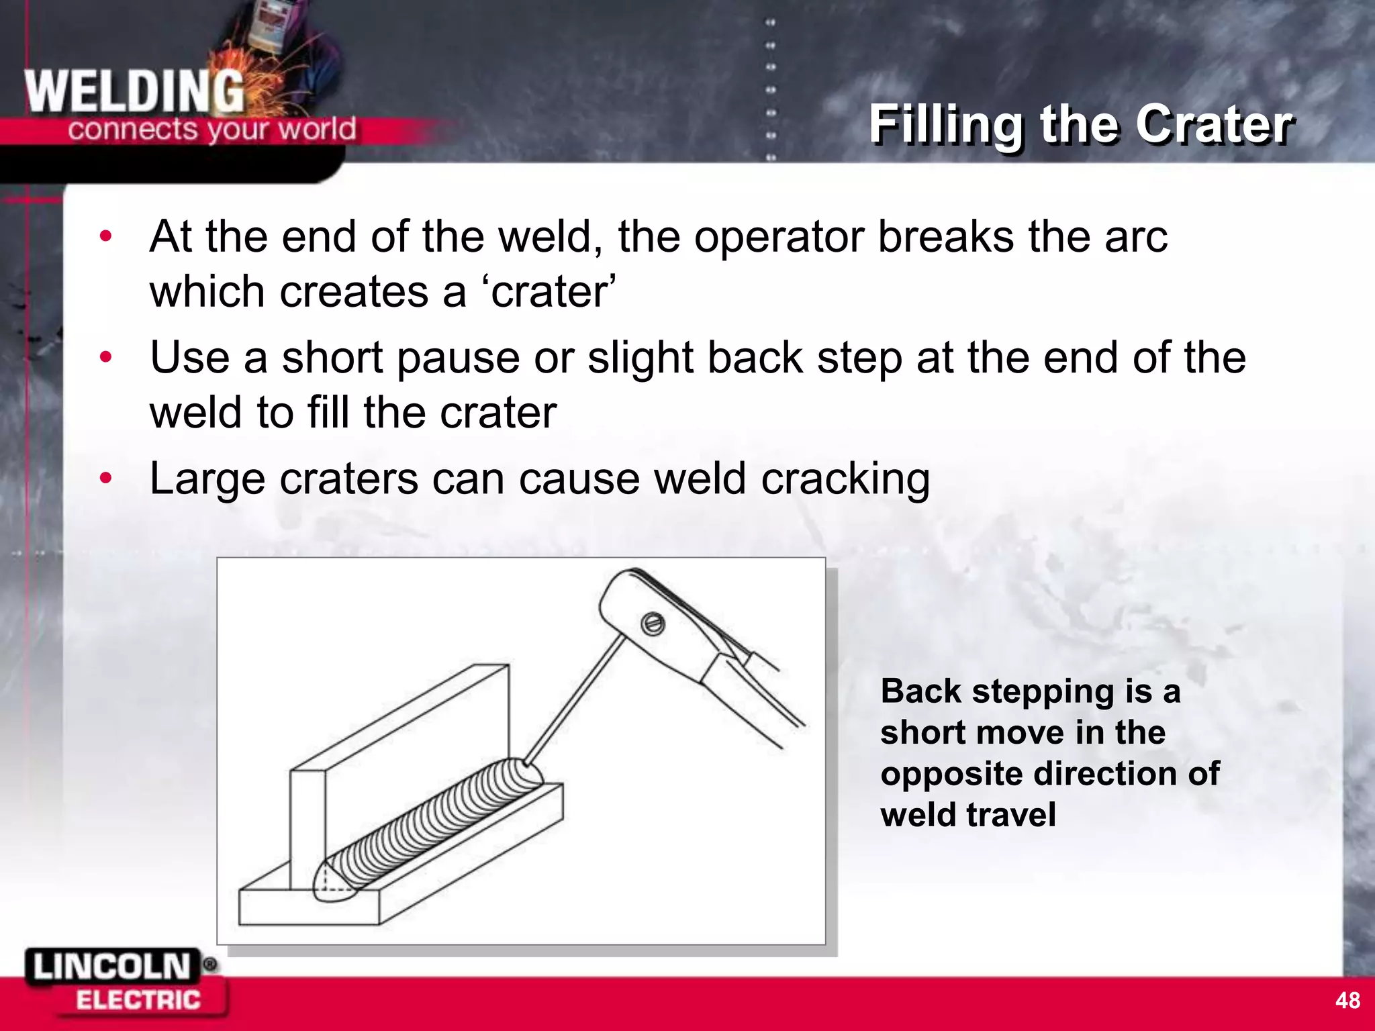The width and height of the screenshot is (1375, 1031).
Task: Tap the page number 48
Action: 1347,1000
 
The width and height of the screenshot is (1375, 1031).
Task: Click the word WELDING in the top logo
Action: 134,92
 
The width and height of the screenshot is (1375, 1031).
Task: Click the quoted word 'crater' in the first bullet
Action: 551,292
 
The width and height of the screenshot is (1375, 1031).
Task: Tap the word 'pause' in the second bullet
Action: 458,358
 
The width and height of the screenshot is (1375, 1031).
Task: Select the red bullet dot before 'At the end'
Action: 105,236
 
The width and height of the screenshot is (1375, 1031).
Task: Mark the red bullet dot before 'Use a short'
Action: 105,357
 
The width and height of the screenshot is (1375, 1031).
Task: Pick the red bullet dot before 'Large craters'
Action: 105,478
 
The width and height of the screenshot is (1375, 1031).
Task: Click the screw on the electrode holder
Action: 653,624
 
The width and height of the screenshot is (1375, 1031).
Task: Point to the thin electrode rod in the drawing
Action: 575,698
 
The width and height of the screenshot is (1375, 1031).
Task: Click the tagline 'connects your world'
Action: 211,128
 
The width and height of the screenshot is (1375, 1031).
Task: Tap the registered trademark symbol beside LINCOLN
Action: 209,965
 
